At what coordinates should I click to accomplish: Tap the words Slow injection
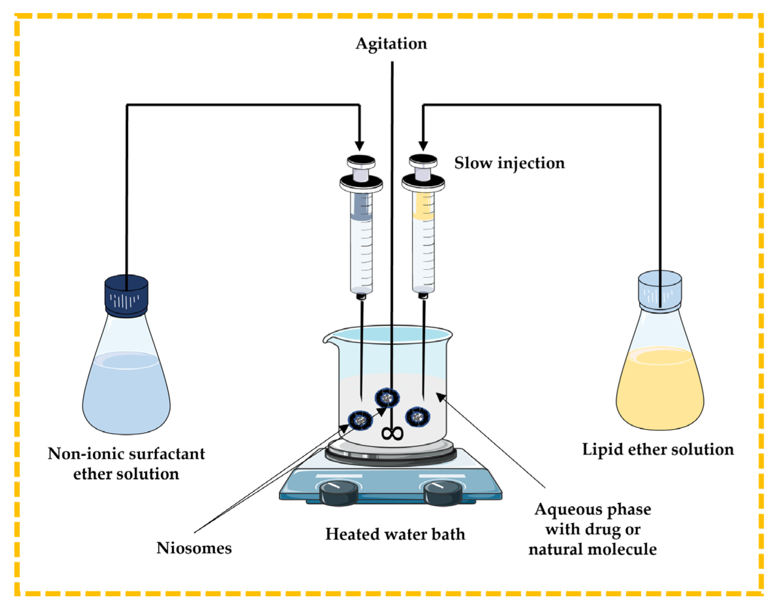click(509, 163)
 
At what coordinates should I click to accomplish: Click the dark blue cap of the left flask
click(126, 296)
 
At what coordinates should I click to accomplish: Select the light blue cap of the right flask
click(659, 291)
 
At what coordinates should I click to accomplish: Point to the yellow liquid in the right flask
click(659, 392)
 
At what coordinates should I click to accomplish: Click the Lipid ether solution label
click(657, 449)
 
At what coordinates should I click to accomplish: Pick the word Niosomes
click(194, 548)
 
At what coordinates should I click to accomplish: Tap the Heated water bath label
click(395, 534)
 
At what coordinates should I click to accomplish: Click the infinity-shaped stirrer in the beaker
click(392, 433)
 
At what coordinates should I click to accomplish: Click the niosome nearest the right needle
click(417, 417)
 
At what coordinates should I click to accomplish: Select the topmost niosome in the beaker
click(387, 397)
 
